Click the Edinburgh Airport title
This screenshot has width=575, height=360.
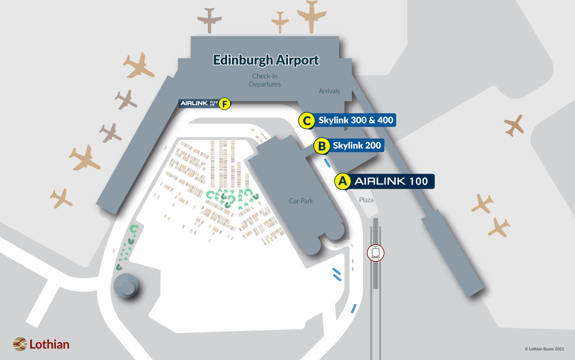266,60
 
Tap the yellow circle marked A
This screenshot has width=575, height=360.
342,181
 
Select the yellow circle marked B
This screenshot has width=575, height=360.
322,146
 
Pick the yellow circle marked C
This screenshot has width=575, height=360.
307,121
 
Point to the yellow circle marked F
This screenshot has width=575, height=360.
225,104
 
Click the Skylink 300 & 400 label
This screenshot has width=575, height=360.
355,120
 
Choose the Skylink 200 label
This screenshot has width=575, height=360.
356,146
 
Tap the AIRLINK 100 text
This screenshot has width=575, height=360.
391,181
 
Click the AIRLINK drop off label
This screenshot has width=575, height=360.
199,103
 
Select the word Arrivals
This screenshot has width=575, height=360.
329,91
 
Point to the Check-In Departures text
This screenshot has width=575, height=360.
265,80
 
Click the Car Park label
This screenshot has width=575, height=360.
301,201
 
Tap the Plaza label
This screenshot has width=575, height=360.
366,200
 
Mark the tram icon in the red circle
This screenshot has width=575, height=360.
376,253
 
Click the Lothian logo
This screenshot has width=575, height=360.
41,344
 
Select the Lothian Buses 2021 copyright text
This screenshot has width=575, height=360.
544,349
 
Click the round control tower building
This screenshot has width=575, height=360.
126,286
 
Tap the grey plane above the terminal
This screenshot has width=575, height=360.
209,20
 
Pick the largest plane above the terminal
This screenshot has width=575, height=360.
312,16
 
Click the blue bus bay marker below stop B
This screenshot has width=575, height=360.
327,163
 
